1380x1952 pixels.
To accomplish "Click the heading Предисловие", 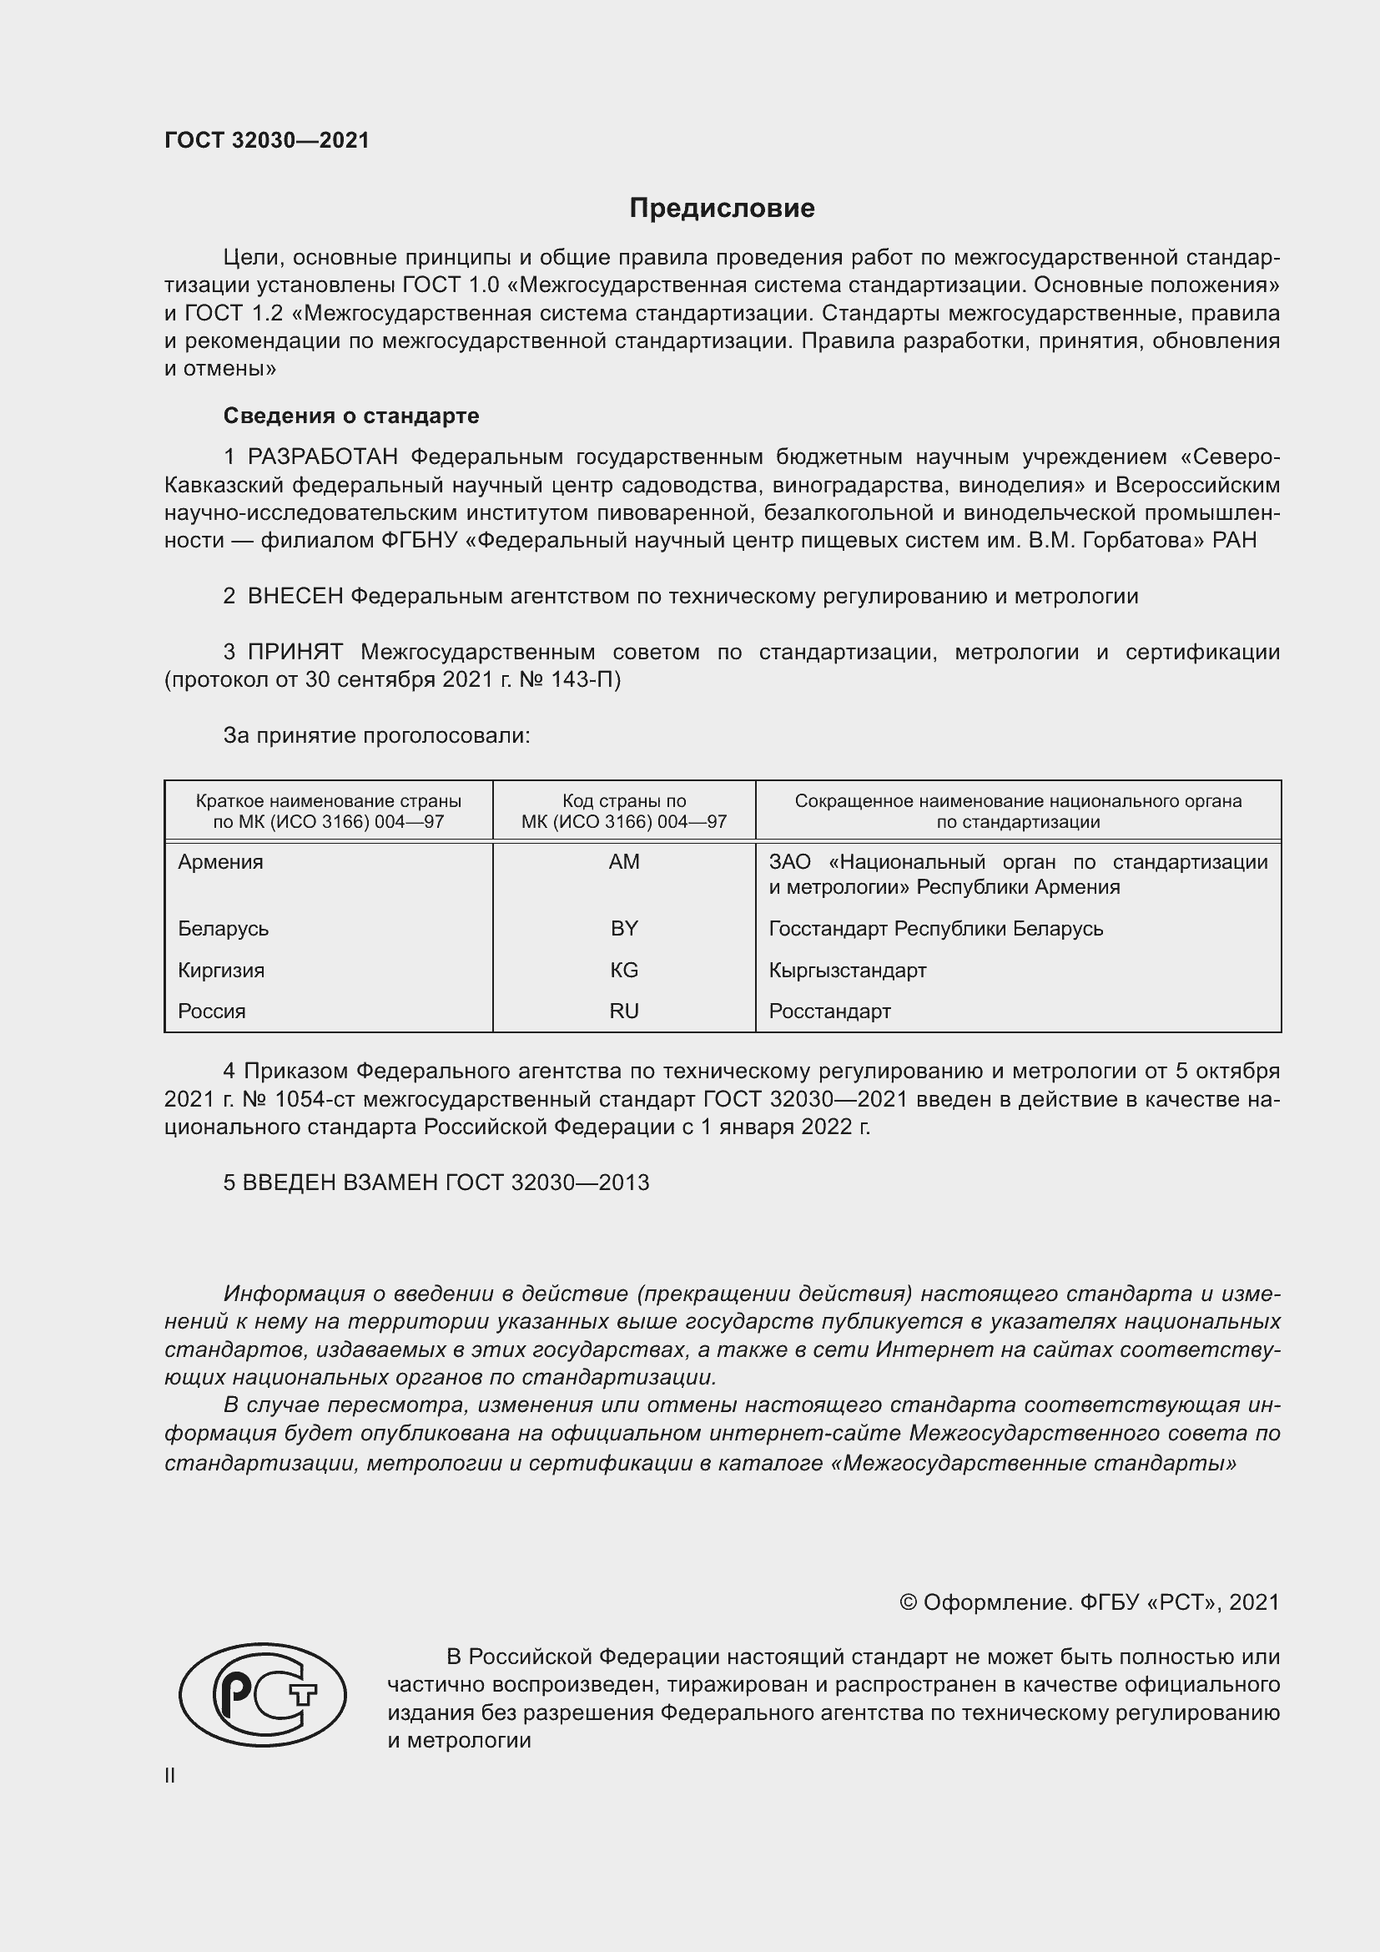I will (722, 209).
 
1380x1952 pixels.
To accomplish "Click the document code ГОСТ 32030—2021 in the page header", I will (267, 140).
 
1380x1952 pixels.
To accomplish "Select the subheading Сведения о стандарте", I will (351, 416).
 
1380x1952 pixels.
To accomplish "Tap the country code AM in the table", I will (624, 862).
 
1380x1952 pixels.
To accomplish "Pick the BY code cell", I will (624, 928).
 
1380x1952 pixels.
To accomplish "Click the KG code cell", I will (624, 970).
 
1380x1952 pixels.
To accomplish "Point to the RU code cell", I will (624, 1011).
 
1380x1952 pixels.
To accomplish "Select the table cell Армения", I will (221, 862).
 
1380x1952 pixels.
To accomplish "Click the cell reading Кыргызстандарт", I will (847, 970).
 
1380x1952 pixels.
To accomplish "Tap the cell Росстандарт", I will (829, 1011).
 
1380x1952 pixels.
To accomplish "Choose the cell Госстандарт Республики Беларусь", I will (935, 928).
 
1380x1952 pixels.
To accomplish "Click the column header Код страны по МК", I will (624, 811).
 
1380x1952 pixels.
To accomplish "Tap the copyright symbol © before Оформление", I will (908, 1602).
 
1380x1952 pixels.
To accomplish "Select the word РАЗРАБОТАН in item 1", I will (322, 457).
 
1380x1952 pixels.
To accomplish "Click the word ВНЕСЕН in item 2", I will (295, 597).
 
